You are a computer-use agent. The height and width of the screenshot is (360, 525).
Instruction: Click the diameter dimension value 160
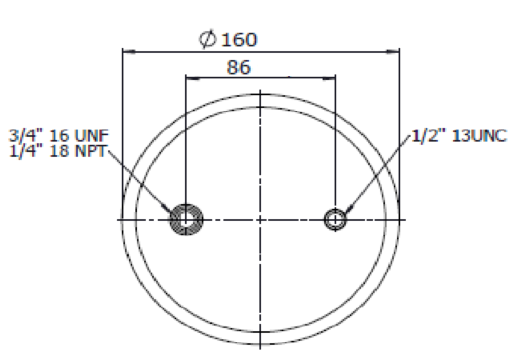pos(239,40)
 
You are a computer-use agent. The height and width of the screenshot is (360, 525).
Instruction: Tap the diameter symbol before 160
pos(208,40)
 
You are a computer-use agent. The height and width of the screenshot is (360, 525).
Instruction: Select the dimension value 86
pos(238,67)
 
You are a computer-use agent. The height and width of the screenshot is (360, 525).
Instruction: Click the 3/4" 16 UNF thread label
pos(59,136)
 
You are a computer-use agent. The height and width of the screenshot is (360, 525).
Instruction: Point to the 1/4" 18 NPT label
pos(57,151)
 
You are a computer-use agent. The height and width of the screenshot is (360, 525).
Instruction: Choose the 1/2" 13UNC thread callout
pos(459,136)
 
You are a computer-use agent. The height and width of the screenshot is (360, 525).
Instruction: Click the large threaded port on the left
pos(186,220)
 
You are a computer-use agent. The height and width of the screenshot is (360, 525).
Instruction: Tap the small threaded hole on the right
pos(335,220)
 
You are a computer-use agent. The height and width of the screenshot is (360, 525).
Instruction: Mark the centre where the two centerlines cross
pos(260,220)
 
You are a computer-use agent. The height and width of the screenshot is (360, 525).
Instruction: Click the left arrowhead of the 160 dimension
pos(129,52)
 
